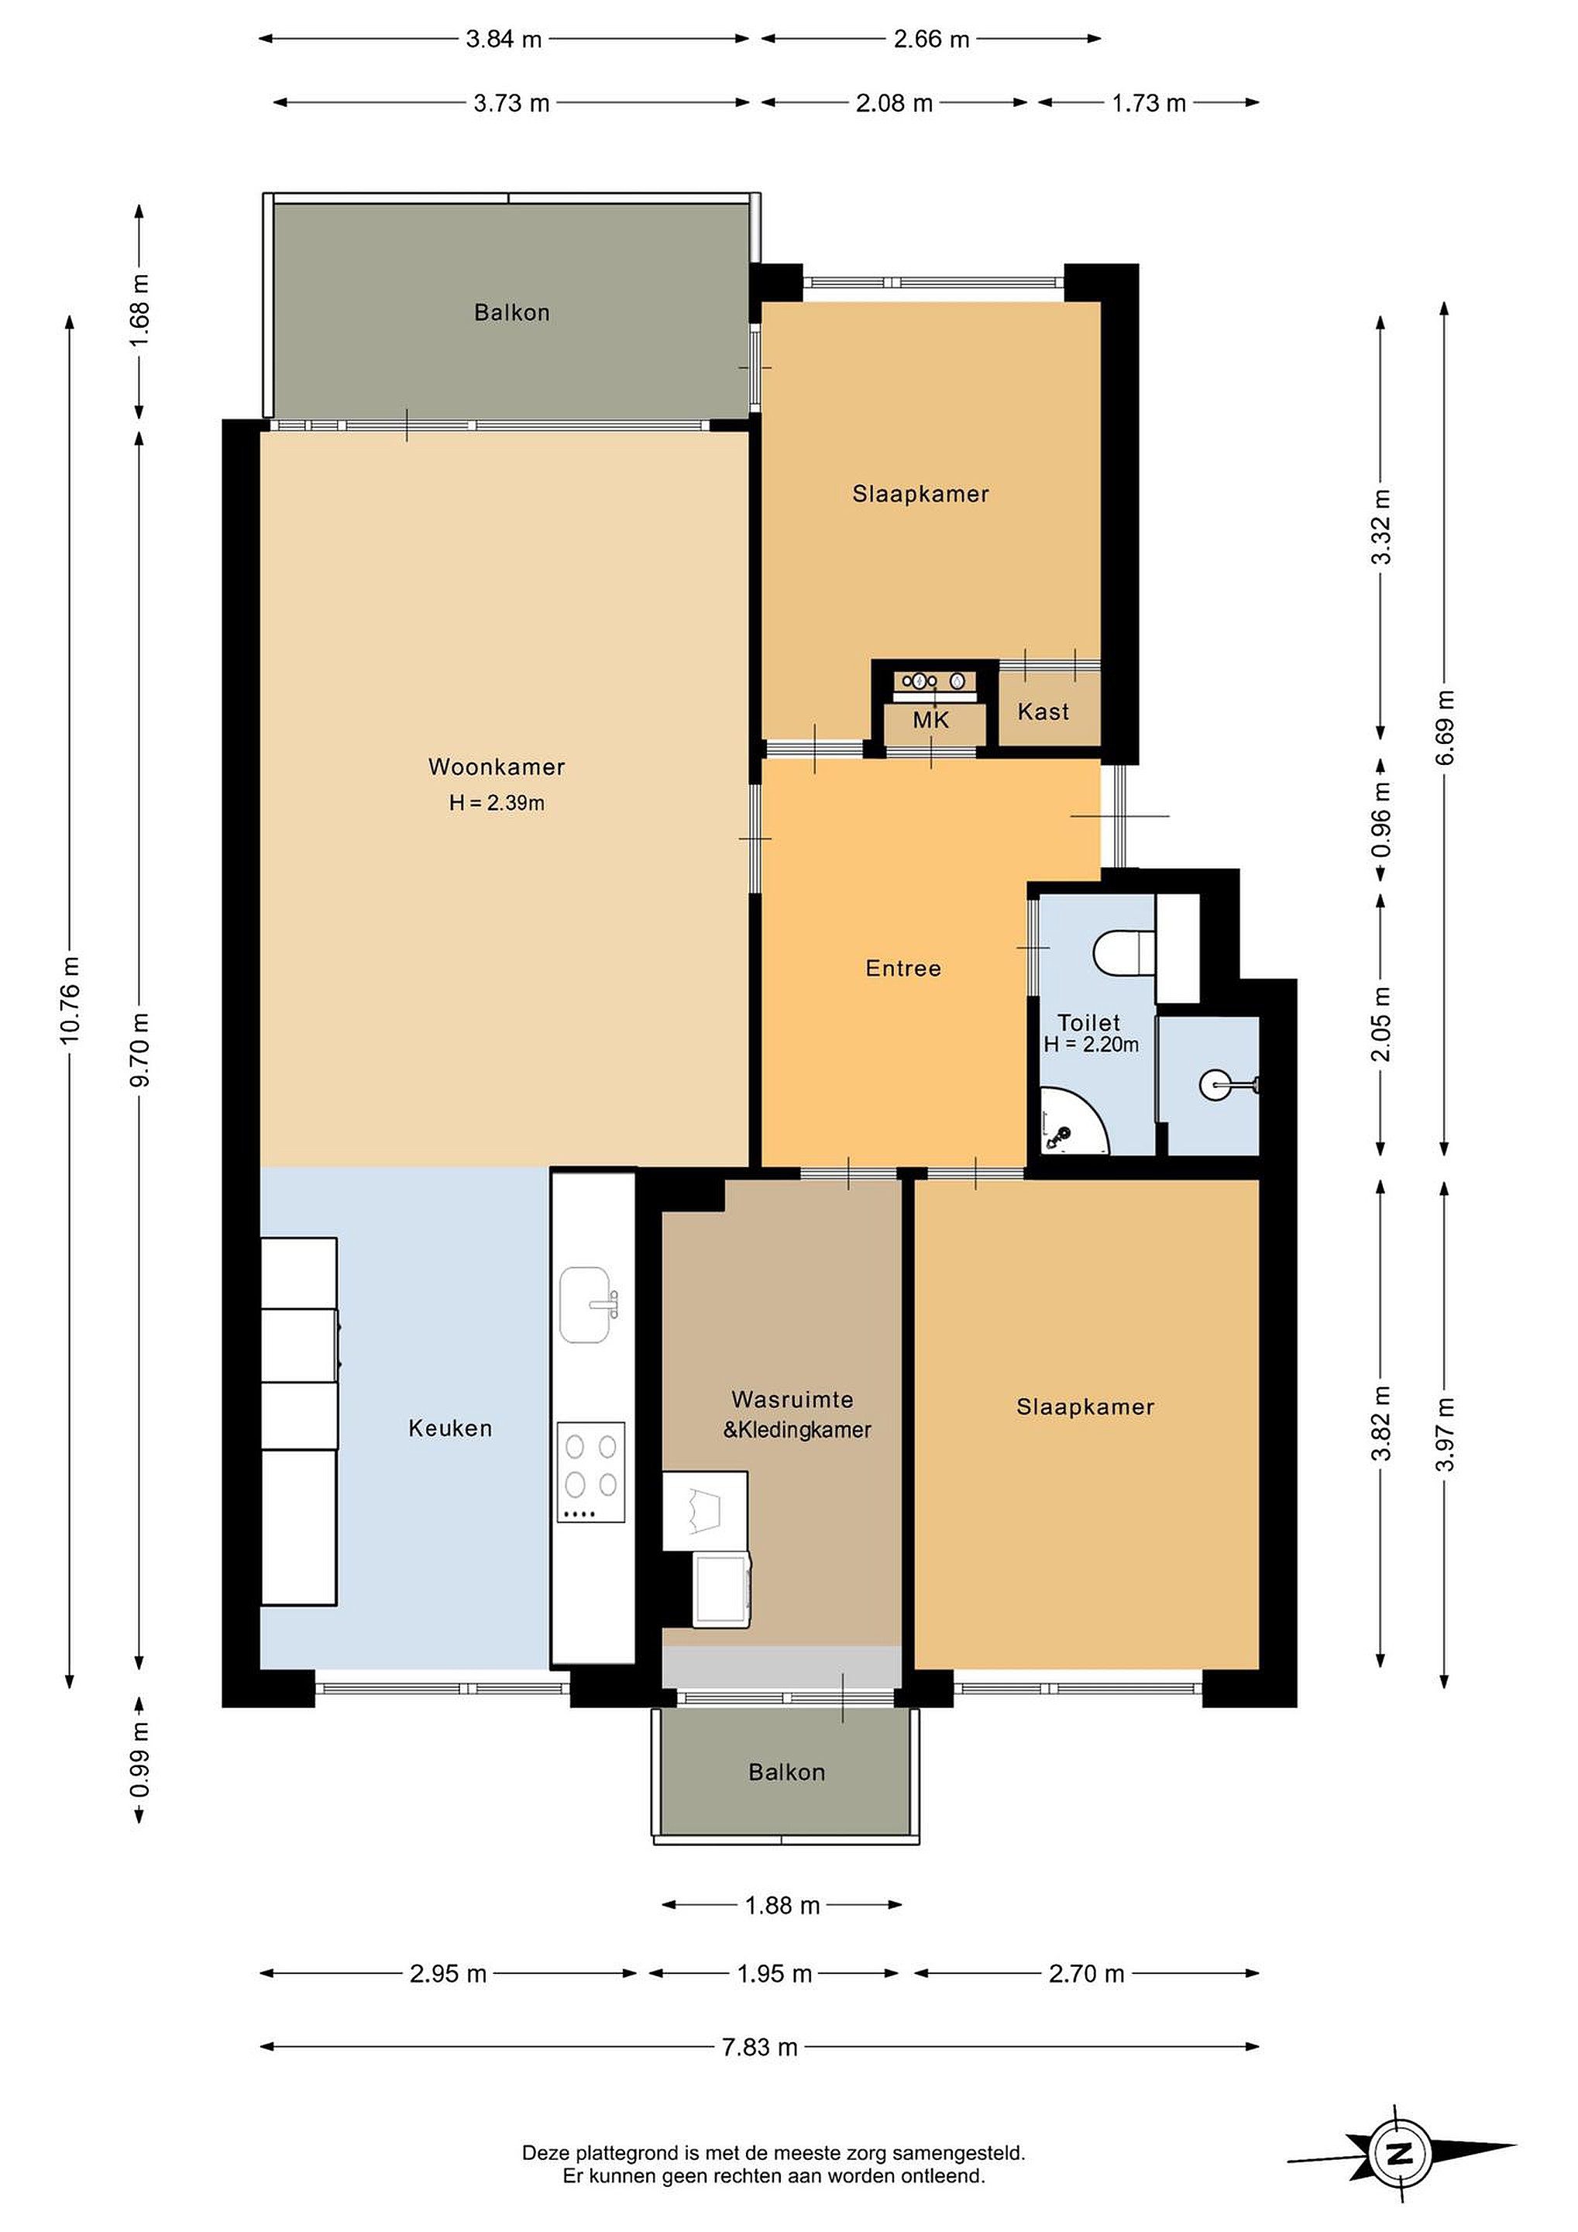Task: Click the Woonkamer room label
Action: [497, 767]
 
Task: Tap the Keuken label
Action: [450, 1428]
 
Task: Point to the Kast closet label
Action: [1043, 711]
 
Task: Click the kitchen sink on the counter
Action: [586, 1304]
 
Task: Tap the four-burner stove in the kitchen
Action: [591, 1472]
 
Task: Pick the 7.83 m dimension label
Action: [759, 2048]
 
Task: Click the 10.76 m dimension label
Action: [69, 1001]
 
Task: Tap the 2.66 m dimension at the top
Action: [931, 39]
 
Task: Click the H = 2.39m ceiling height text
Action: [497, 803]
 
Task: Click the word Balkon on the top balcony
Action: [512, 313]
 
